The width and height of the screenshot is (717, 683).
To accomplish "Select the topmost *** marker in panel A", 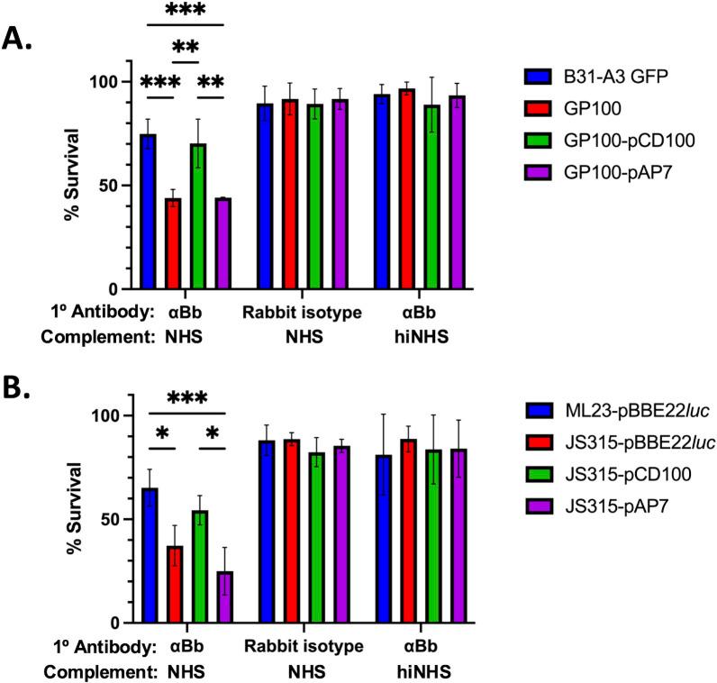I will pyautogui.click(x=186, y=11).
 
